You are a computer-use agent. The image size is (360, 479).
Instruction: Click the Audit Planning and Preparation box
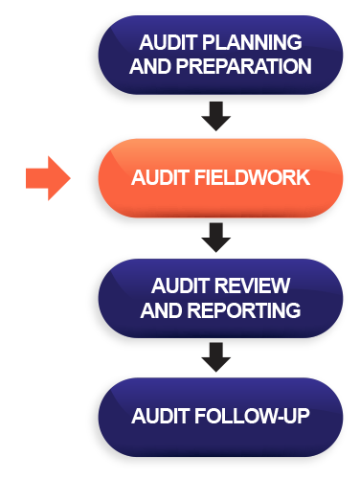point(220,54)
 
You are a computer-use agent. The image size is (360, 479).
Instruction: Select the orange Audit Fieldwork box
point(220,178)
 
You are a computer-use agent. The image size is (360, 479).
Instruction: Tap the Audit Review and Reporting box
point(220,298)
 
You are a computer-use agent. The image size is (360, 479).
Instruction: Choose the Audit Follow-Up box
point(220,418)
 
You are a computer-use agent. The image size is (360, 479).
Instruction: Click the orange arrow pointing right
point(48,178)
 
